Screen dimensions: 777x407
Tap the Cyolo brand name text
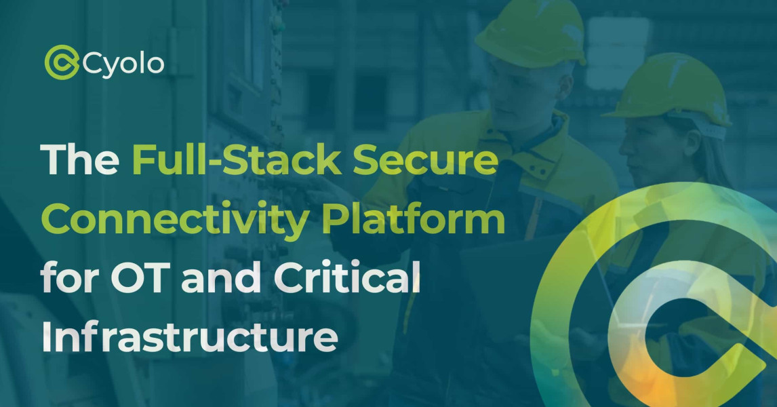pos(123,64)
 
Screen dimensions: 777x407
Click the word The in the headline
pos(80,159)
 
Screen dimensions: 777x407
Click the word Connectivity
pos(176,220)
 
